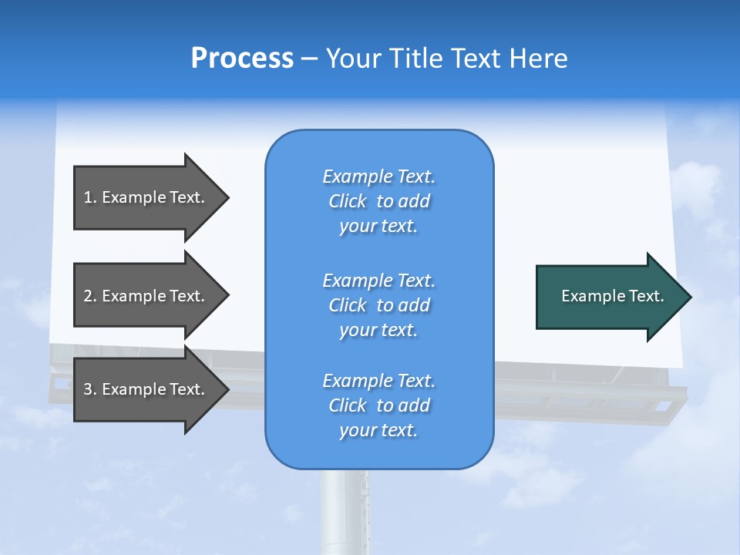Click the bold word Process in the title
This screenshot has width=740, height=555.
pos(242,59)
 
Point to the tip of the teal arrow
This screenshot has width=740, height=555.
pos(690,297)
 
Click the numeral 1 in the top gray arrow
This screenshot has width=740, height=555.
pos(88,197)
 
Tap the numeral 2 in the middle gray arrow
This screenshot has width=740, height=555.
pos(88,296)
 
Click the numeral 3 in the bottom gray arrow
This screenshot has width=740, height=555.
pos(88,389)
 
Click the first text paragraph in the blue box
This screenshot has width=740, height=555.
pos(378,201)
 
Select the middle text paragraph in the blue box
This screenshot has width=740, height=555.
pos(378,305)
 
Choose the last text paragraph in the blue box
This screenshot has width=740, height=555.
pos(378,405)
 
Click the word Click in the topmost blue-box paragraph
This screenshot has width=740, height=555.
pos(347,201)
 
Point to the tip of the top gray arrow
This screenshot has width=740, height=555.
pos(227,197)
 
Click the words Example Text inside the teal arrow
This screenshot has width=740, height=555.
pos(612,296)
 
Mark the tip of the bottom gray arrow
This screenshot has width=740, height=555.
pos(227,389)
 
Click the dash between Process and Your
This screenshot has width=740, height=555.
pos(309,59)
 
